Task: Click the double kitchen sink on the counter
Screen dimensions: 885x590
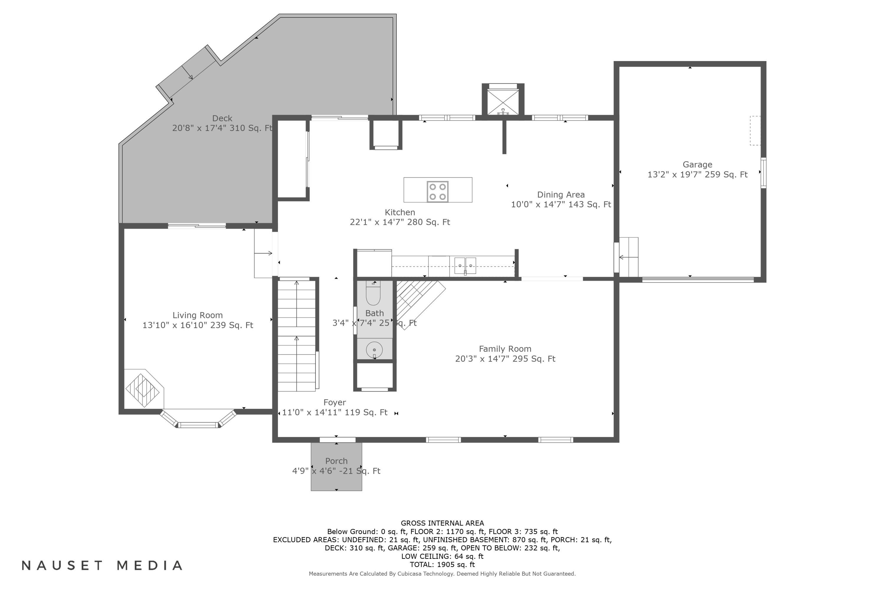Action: (465, 266)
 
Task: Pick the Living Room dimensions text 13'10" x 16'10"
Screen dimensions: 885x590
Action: (175, 325)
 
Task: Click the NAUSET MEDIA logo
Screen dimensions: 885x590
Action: (102, 566)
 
